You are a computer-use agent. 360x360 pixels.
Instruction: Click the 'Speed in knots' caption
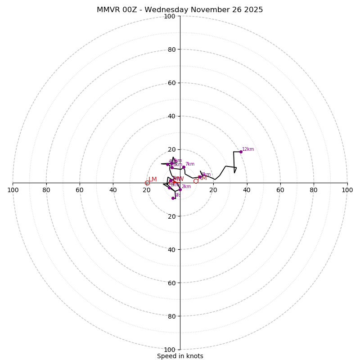(x=180, y=356)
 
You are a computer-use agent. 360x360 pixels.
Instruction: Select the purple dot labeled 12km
(x=241, y=152)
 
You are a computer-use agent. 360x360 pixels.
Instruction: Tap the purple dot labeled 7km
(x=184, y=167)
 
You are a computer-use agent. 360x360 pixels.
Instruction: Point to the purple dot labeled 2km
(x=180, y=189)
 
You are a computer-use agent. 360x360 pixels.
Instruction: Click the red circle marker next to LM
(x=147, y=183)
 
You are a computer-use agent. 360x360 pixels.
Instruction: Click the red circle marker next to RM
(x=196, y=181)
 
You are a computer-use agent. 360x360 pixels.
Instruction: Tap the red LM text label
(x=153, y=180)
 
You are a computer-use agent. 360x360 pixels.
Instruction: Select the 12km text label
(x=248, y=149)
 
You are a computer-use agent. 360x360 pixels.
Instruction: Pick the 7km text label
(x=190, y=164)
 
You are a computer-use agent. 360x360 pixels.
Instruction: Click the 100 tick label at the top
(x=170, y=16)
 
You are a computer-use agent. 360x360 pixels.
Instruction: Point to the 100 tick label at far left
(x=13, y=190)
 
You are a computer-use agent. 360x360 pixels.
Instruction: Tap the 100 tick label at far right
(x=347, y=190)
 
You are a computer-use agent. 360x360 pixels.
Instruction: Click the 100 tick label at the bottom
(x=170, y=349)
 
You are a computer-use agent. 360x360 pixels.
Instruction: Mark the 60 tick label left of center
(x=80, y=190)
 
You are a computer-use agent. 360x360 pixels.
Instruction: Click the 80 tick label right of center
(x=314, y=190)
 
